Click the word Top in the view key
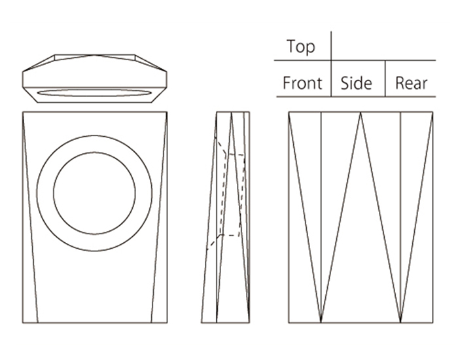(300, 47)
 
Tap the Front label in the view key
(302, 84)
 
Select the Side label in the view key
(357, 84)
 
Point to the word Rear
(411, 84)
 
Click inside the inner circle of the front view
(94, 193)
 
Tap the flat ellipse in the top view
(94, 93)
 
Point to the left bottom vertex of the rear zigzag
(321, 321)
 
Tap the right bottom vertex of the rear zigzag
(400, 321)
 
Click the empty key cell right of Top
(383, 46)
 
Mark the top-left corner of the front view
(23, 112)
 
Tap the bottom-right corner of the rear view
(432, 322)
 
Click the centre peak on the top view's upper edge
(94, 55)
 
